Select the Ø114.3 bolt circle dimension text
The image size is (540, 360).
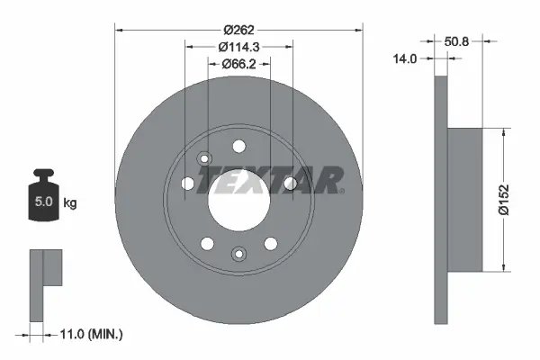click(238, 47)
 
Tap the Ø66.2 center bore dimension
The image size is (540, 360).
click(238, 64)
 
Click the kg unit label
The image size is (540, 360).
click(69, 202)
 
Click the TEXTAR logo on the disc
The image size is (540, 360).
click(271, 180)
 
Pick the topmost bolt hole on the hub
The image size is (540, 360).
click(238, 146)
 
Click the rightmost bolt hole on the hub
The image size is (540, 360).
click(290, 184)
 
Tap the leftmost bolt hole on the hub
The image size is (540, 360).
click(187, 184)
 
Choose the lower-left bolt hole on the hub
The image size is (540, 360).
click(208, 243)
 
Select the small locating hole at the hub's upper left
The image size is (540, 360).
click(203, 160)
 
